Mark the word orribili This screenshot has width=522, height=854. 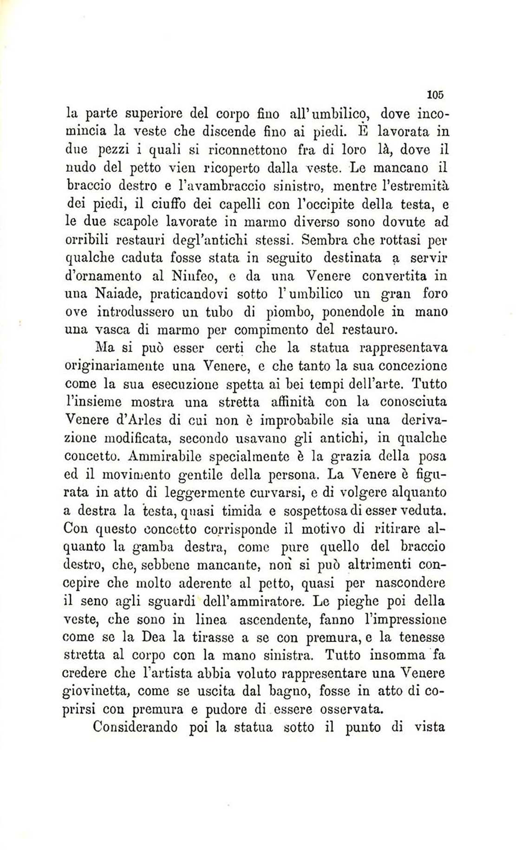[x=86, y=240]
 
